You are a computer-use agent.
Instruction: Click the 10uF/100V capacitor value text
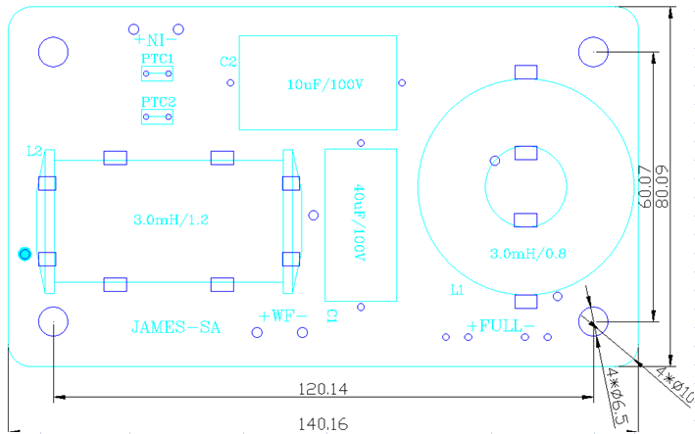(325, 84)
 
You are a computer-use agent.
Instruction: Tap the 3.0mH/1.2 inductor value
(171, 219)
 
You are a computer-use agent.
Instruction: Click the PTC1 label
(158, 59)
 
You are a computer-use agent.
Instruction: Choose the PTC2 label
(158, 102)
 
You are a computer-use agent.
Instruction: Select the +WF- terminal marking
(283, 316)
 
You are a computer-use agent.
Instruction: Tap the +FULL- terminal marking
(501, 325)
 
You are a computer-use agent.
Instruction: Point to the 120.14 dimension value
(323, 389)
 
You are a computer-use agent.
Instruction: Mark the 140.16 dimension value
(323, 424)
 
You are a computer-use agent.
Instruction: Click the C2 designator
(228, 62)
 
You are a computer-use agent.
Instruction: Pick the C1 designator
(332, 315)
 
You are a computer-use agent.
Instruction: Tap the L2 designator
(34, 152)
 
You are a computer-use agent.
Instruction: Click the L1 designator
(456, 291)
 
